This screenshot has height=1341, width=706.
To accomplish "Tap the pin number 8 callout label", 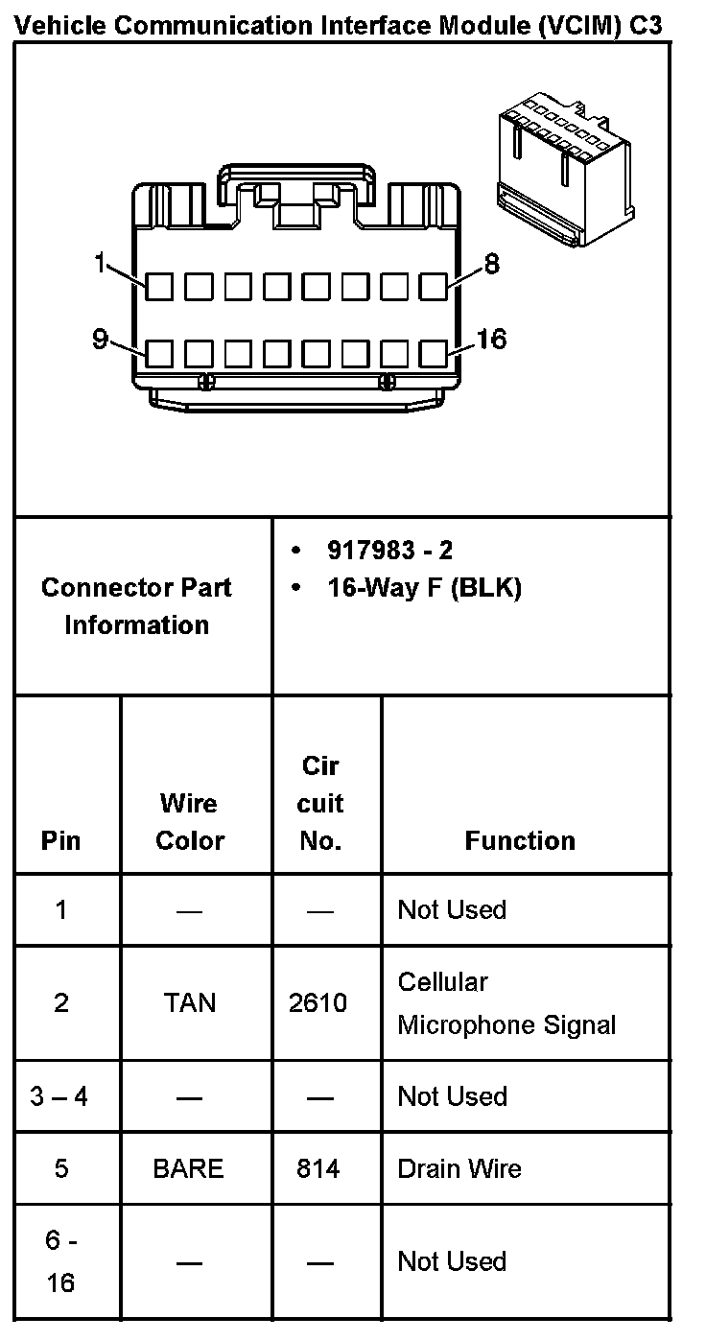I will tap(492, 264).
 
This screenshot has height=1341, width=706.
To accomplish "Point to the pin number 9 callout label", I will tap(100, 340).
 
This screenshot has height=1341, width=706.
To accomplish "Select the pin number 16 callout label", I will tap(491, 340).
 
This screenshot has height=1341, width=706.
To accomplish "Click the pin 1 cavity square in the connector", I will tap(159, 285).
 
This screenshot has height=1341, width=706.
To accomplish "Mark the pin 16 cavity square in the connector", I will tap(435, 354).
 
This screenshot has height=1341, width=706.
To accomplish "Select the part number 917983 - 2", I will tap(389, 550).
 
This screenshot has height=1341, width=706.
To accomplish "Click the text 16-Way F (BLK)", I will tap(424, 588).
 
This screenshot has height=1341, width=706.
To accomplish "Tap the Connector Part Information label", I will tap(136, 606).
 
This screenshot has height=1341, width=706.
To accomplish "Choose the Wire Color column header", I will tap(190, 822).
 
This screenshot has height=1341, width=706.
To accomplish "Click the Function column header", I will tap(520, 841).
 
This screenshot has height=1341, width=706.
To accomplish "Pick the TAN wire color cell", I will tap(190, 1003).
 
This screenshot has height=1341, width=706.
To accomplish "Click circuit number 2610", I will tap(318, 1003).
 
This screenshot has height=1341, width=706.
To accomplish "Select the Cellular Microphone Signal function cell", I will tap(506, 1003).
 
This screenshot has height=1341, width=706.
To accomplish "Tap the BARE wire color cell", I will tap(188, 1168).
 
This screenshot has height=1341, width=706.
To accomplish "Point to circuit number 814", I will tap(318, 1168).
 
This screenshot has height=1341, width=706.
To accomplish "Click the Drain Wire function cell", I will tap(459, 1168).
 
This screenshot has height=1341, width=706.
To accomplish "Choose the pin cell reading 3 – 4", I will tap(59, 1096).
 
